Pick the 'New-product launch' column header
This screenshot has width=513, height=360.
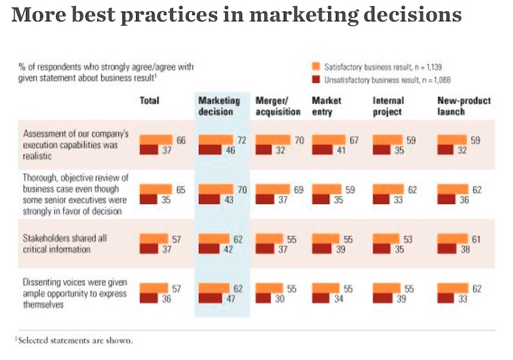point(464,106)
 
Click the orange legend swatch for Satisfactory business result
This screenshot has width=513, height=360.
point(316,66)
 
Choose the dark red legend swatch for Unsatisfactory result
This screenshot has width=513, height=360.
point(316,79)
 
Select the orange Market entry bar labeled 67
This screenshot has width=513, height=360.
point(328,140)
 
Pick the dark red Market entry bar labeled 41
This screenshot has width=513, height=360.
point(322,149)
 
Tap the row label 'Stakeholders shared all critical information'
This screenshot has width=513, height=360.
point(62,243)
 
